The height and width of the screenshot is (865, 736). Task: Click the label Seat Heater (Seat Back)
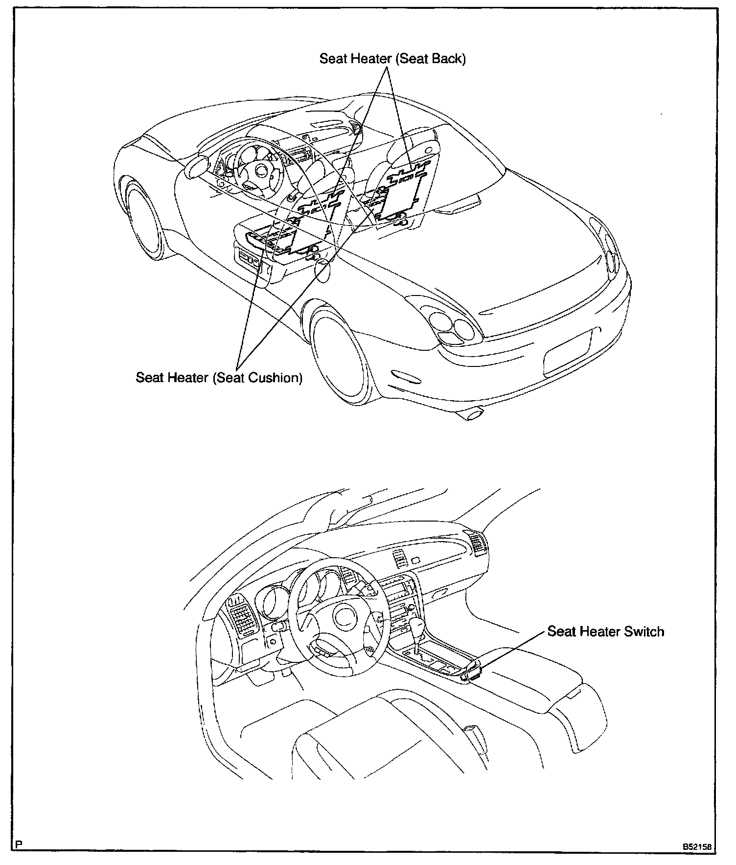coord(392,59)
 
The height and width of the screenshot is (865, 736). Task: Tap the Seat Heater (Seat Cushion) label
coord(219,378)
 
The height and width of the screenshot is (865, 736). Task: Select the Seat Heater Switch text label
coord(605,631)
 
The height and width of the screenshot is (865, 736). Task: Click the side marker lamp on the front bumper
coord(405,377)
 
